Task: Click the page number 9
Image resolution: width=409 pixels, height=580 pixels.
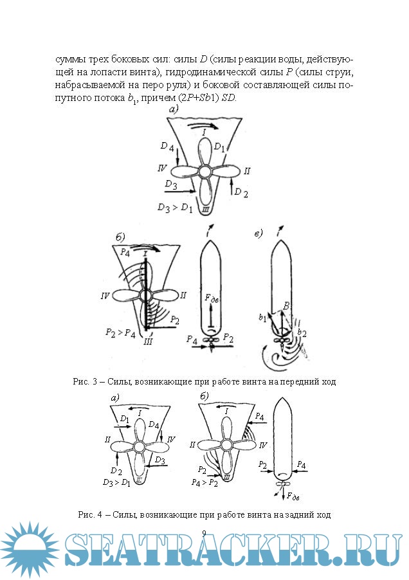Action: pyautogui.click(x=204, y=533)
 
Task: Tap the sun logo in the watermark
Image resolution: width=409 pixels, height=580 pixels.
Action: pyautogui.click(x=30, y=549)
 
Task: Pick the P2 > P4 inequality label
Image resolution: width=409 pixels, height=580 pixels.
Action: pyautogui.click(x=120, y=332)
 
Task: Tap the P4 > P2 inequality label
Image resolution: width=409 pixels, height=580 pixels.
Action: pyautogui.click(x=204, y=482)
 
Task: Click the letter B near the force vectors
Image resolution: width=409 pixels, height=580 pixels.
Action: pyautogui.click(x=286, y=305)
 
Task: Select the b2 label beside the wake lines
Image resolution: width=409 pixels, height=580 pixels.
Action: pyautogui.click(x=302, y=333)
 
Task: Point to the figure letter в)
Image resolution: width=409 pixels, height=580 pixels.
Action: pyautogui.click(x=259, y=233)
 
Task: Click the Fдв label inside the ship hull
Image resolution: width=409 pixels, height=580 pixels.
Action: pyautogui.click(x=212, y=298)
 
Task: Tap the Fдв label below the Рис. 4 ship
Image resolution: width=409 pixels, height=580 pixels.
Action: pyautogui.click(x=293, y=496)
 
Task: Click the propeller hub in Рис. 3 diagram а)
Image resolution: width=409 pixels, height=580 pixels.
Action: pyautogui.click(x=204, y=172)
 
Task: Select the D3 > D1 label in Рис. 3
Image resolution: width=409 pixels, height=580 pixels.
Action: pyautogui.click(x=176, y=208)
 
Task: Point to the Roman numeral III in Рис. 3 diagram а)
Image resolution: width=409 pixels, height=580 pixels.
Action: pyautogui.click(x=206, y=210)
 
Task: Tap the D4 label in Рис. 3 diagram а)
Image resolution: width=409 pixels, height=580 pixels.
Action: pyautogui.click(x=167, y=147)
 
